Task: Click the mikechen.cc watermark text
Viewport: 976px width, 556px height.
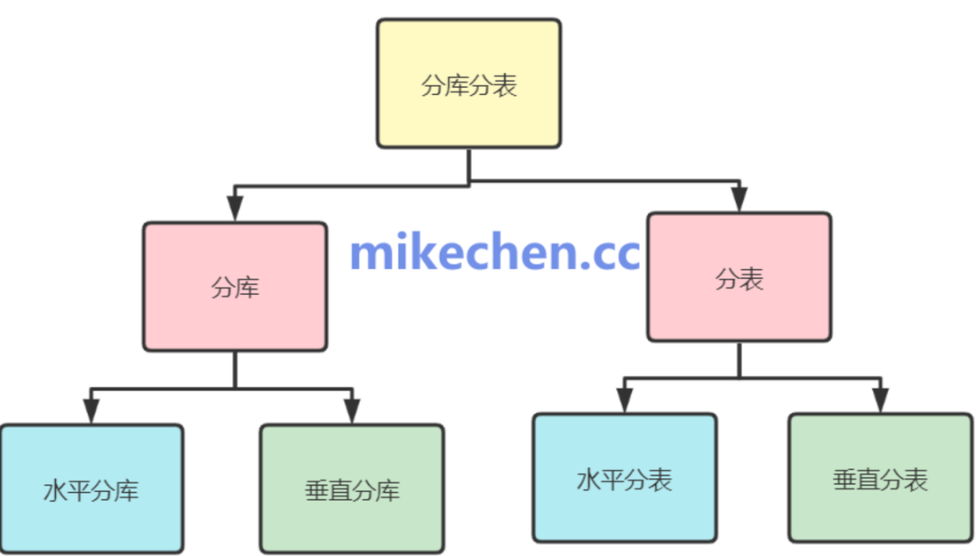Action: [x=494, y=252]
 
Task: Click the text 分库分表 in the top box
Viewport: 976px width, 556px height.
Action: [x=468, y=86]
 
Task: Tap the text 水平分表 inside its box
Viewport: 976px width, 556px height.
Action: [x=624, y=479]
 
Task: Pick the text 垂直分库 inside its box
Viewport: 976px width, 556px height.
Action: [x=352, y=491]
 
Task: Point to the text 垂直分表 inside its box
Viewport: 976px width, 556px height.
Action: [x=880, y=479]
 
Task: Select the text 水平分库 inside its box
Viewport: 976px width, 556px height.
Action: [x=91, y=491]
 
